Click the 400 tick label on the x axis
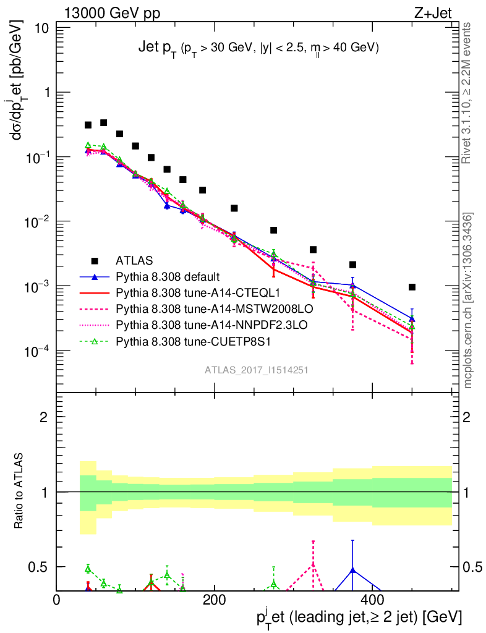(372, 600)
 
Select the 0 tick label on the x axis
(57, 600)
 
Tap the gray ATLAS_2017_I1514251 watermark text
(257, 370)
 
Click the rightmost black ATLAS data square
(412, 287)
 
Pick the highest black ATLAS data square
(104, 123)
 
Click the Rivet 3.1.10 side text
(467, 93)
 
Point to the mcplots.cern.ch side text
(467, 300)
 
